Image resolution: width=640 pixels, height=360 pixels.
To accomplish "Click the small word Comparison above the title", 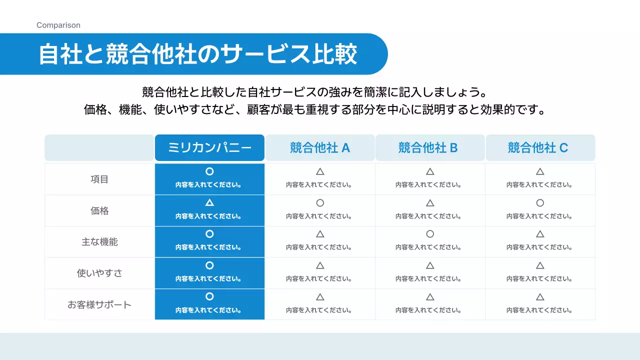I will click(58, 25).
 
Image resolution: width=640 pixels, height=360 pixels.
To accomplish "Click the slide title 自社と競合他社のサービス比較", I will click(198, 54).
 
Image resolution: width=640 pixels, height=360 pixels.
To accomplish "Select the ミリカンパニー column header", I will click(209, 148).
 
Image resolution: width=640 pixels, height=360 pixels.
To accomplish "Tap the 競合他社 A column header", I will click(320, 148).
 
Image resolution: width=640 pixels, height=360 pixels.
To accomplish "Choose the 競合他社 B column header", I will click(430, 148).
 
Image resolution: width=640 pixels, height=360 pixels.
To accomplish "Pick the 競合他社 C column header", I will click(540, 148).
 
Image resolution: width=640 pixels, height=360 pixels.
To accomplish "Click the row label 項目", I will click(99, 179).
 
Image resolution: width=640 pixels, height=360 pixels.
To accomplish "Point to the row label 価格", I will click(99, 210).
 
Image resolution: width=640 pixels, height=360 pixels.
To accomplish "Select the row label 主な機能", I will click(99, 242).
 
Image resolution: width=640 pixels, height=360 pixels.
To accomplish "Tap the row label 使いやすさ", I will click(99, 273).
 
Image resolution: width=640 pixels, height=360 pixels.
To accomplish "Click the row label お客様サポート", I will click(99, 304).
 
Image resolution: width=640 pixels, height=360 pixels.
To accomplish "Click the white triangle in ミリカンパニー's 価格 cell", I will click(209, 203).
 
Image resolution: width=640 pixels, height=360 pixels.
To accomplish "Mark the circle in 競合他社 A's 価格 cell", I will click(320, 203).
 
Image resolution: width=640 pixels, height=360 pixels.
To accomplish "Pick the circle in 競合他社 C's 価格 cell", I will click(540, 203).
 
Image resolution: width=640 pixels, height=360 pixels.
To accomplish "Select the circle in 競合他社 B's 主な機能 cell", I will click(430, 234).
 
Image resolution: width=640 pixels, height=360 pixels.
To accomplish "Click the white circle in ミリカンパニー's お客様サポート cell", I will click(209, 296).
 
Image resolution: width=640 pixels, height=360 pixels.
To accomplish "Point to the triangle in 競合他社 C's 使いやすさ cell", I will click(540, 265).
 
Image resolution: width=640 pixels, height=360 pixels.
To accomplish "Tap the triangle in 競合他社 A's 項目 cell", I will click(320, 171).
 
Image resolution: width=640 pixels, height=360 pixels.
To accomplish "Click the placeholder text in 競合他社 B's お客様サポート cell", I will click(430, 310).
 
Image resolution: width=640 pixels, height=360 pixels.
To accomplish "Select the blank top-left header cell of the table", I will click(99, 148).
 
